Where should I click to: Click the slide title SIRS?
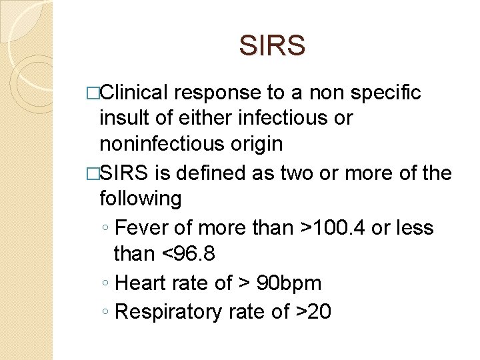point(272,46)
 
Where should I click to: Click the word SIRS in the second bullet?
point(125,173)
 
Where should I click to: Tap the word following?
point(140,199)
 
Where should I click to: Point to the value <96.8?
point(193,253)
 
